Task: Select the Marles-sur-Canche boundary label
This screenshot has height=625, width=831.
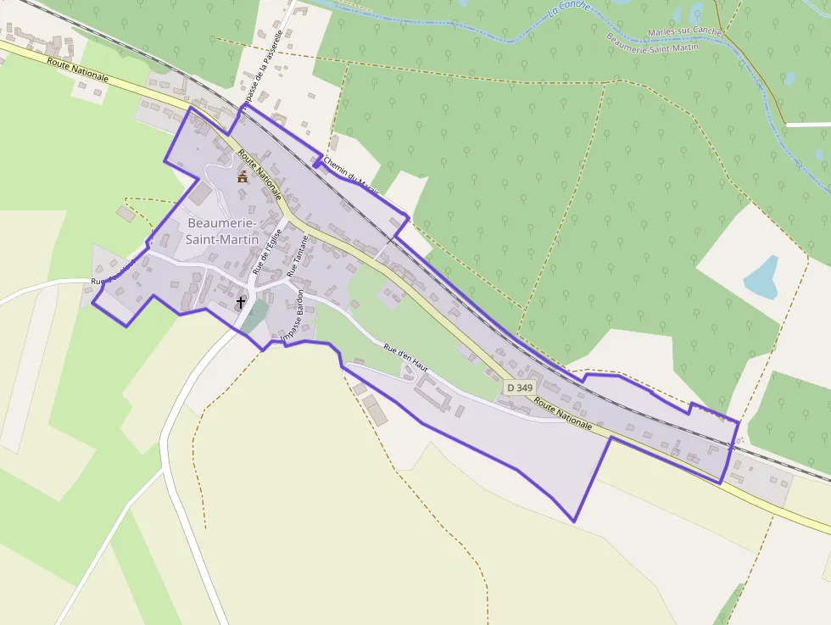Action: (x=683, y=32)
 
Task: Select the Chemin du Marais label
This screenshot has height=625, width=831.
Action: (x=350, y=172)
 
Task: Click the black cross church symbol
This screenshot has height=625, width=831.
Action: (x=241, y=301)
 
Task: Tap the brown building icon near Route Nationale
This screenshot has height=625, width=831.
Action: (x=243, y=177)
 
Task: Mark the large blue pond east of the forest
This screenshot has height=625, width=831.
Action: (x=761, y=277)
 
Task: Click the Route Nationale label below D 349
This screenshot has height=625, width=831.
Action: (x=563, y=412)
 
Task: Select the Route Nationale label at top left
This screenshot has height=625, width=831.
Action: (x=78, y=70)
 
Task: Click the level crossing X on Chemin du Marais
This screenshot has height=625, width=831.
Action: (x=390, y=240)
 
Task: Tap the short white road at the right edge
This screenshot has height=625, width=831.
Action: (x=807, y=125)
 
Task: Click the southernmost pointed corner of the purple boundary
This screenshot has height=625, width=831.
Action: (x=575, y=521)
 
